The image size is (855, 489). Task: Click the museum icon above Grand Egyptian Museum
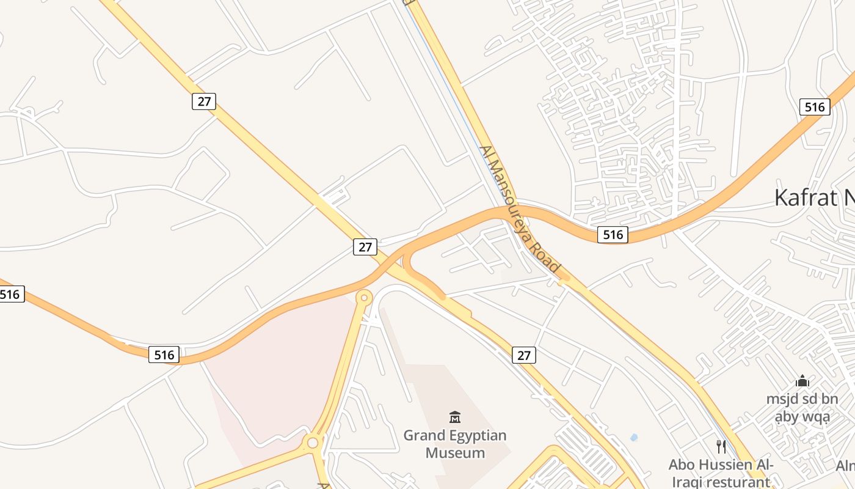coord(455,417)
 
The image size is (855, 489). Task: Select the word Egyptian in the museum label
coord(479,436)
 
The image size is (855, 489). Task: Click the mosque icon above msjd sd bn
coord(802,381)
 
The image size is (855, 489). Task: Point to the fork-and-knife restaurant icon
coord(721,446)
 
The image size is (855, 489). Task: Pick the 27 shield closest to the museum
coord(523,355)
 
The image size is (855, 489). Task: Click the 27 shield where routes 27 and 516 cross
coord(365,247)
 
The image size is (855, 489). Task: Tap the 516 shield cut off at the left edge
coord(10,295)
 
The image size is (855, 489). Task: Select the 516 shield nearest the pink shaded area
coord(164,355)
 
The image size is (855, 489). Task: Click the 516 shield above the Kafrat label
coord(815,107)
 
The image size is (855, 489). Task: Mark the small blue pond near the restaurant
coord(633,437)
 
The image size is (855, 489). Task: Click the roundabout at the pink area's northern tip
coord(364,298)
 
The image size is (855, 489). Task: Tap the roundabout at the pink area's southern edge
coord(313,442)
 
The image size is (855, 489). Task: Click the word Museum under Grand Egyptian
coord(455,453)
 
